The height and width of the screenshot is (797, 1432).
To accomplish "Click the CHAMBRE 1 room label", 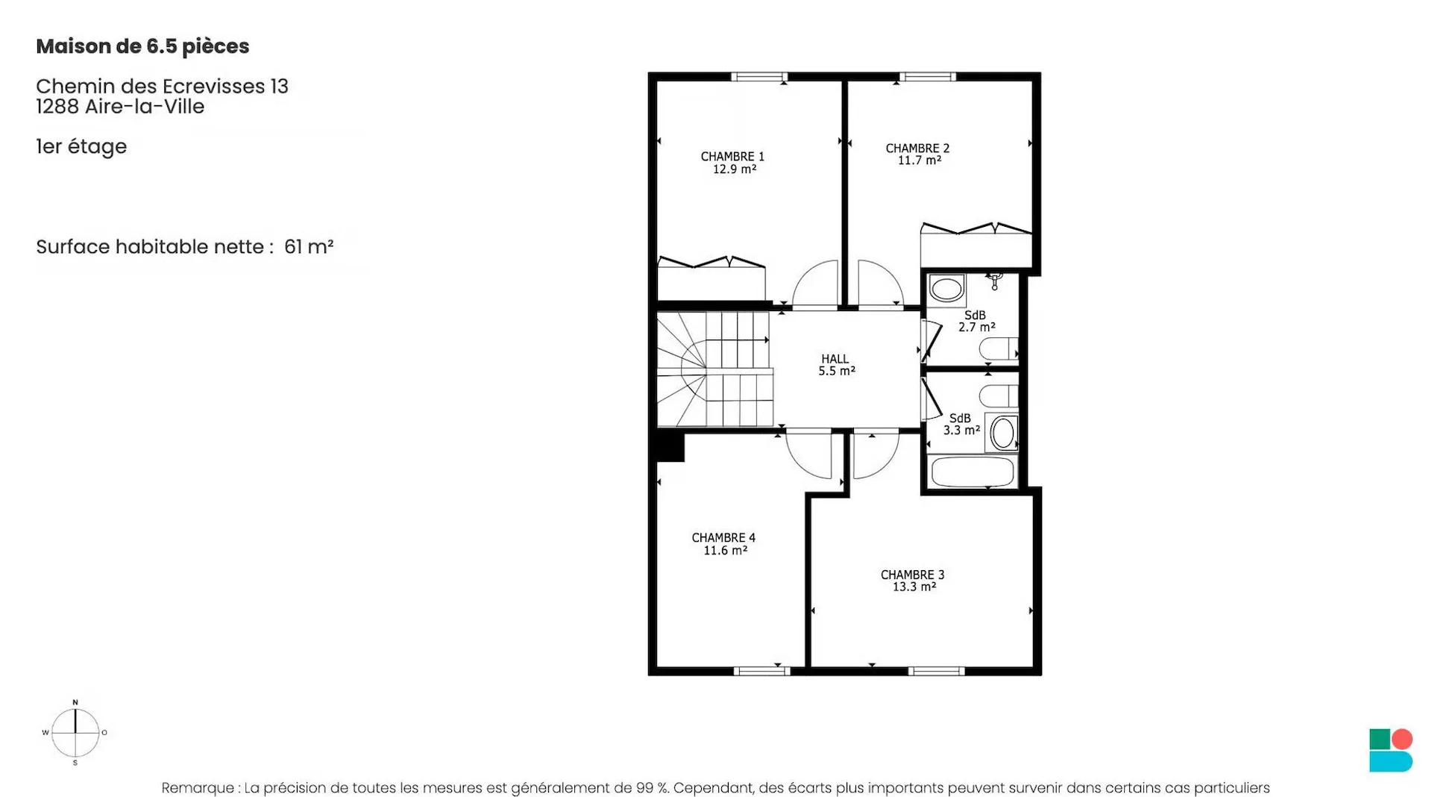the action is [x=732, y=157].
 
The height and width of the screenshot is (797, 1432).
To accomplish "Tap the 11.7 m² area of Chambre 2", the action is [x=919, y=160].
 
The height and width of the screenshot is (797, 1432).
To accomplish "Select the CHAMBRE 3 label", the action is [x=912, y=575].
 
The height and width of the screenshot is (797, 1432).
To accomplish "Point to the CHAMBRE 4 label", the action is [x=723, y=537].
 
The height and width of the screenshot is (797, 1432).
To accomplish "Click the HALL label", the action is [x=835, y=359].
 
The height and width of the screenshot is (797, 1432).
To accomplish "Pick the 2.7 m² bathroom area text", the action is [x=977, y=328].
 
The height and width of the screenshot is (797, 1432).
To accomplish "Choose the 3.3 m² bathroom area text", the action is [x=961, y=431].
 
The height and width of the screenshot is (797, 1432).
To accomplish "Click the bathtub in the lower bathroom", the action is [x=973, y=472].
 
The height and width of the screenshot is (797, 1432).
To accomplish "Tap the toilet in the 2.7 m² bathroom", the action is [x=998, y=349].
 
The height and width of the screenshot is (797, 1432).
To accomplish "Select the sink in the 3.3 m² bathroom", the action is [x=1002, y=433].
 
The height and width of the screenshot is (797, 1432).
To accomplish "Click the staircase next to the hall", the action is [x=714, y=369].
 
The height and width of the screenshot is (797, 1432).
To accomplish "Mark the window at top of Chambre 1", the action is [x=759, y=76].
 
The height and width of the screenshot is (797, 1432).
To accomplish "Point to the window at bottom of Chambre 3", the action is [x=937, y=671].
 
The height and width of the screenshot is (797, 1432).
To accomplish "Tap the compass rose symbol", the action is [x=75, y=732].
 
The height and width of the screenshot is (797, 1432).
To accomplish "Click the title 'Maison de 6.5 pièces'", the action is [x=142, y=46].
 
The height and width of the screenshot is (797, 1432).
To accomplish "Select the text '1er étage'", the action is [x=81, y=146].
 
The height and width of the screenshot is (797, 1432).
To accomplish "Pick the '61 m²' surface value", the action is [x=309, y=246].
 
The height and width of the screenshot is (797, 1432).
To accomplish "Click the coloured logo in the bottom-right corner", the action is [x=1391, y=750].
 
